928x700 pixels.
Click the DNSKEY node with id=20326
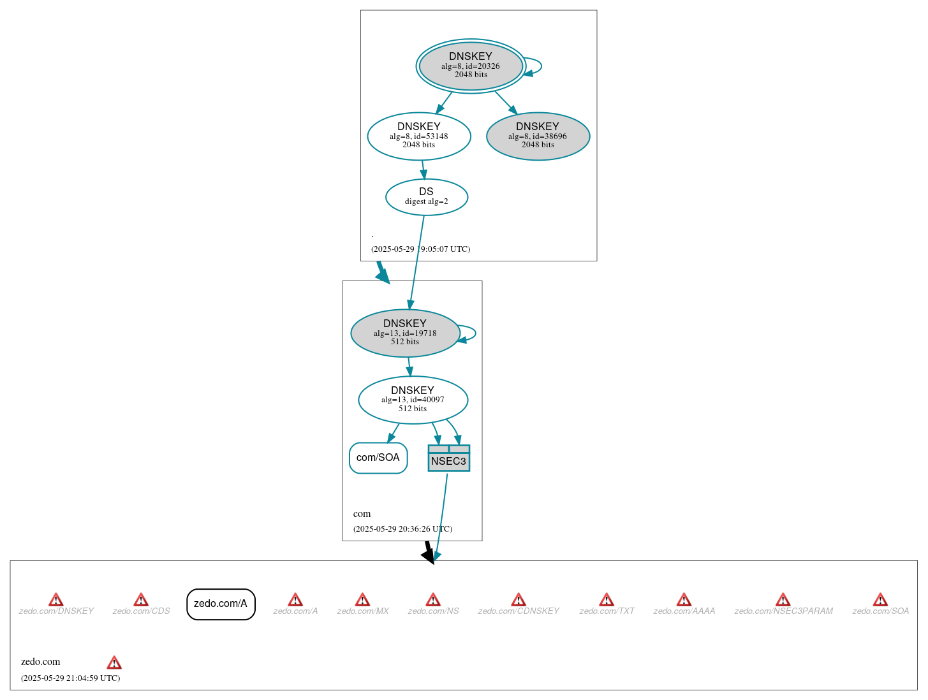[x=471, y=66]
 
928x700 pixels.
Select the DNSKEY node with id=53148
[x=419, y=136]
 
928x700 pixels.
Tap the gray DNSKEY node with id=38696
[x=538, y=136]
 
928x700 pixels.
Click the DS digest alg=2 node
[x=426, y=197]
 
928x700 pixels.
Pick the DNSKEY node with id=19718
[x=405, y=333]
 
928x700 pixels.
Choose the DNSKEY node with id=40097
[x=413, y=400]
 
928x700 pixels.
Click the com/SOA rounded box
[x=378, y=458]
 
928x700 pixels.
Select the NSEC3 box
[x=448, y=458]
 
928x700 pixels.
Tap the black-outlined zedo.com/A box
[x=221, y=604]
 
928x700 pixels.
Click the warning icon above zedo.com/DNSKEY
[x=56, y=600]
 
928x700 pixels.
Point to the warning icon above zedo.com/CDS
[x=141, y=600]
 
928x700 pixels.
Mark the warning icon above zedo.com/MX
[x=362, y=600]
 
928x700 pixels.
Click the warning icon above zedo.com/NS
[x=433, y=600]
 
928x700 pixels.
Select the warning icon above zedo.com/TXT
[x=607, y=600]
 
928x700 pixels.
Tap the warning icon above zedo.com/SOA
[x=880, y=600]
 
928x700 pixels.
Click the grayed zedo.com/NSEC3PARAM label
[x=783, y=611]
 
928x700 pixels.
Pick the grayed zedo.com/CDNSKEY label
[x=519, y=611]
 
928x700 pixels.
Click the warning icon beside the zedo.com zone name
[x=114, y=662]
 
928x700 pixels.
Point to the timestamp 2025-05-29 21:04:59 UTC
[x=70, y=678]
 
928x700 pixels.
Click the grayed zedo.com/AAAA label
[x=684, y=611]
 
